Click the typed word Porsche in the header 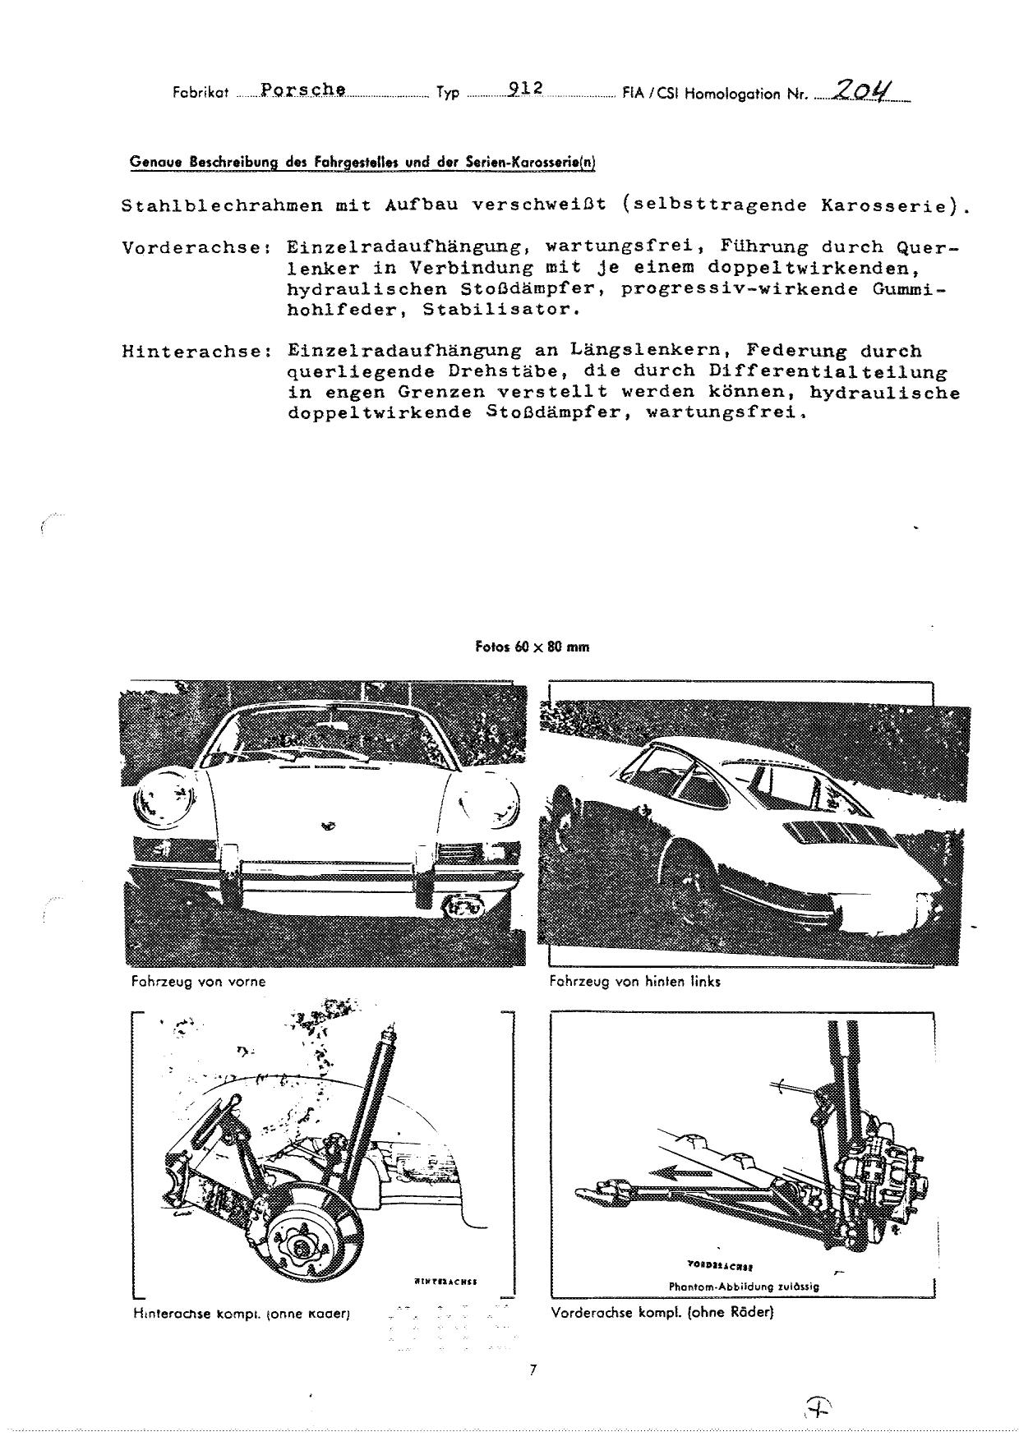302,90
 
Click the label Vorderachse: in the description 196,247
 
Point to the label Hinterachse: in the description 196,352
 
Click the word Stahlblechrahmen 222,206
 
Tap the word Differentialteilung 828,372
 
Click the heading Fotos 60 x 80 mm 533,647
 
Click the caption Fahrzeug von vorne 198,981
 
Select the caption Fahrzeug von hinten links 634,981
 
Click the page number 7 533,1370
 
